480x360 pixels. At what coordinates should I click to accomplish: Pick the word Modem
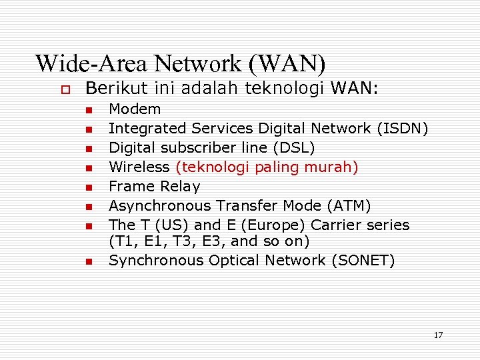(x=135, y=109)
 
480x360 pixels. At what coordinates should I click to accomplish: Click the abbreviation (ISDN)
(x=402, y=128)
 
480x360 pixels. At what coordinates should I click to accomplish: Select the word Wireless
(x=139, y=167)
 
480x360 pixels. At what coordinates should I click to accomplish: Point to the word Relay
(x=177, y=186)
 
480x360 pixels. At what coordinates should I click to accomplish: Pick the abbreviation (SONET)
(x=363, y=260)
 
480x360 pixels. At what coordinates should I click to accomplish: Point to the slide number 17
(x=437, y=335)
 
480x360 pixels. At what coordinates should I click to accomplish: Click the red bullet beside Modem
(x=87, y=109)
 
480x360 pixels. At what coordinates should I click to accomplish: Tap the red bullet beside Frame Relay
(x=87, y=187)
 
